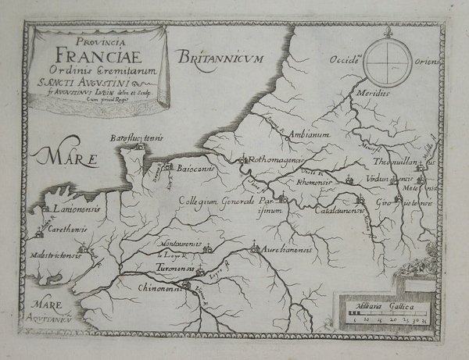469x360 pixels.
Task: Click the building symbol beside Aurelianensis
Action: [x=253, y=249]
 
